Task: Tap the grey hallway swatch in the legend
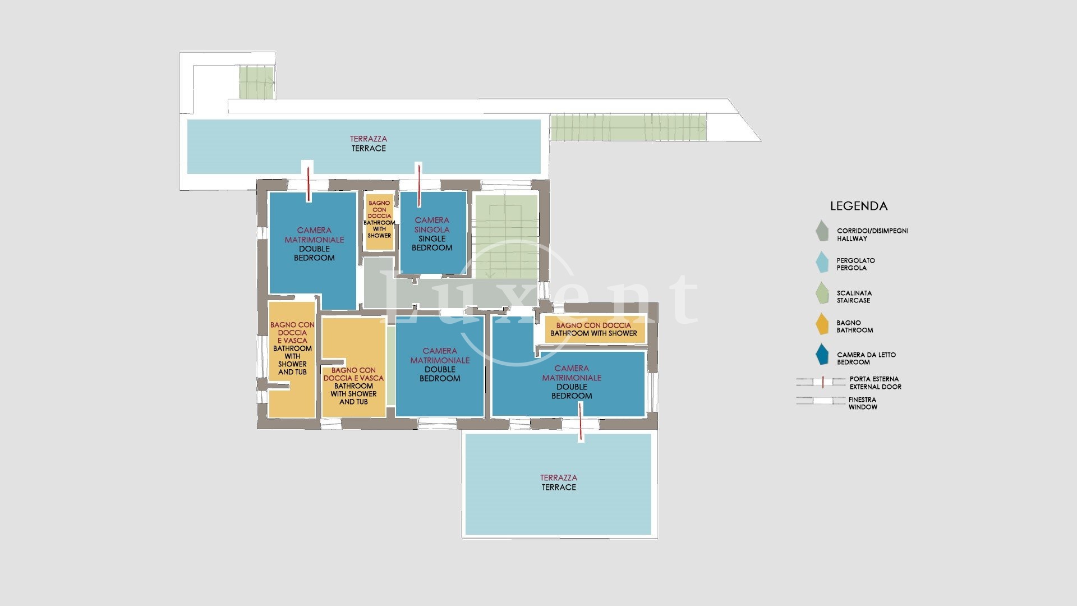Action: pyautogui.click(x=822, y=231)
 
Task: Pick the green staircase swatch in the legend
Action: pyautogui.click(x=822, y=293)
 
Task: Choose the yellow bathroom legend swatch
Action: pyautogui.click(x=822, y=324)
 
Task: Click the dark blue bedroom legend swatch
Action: pyautogui.click(x=822, y=354)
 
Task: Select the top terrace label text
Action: pyautogui.click(x=369, y=144)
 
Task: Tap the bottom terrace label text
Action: pyautogui.click(x=559, y=483)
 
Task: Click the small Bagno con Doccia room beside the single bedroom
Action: pyautogui.click(x=379, y=222)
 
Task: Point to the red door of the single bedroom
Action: pyautogui.click(x=418, y=185)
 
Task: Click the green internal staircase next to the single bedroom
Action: pyautogui.click(x=505, y=236)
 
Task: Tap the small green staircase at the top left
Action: pyautogui.click(x=256, y=82)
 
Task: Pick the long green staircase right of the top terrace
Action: pyautogui.click(x=628, y=127)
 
